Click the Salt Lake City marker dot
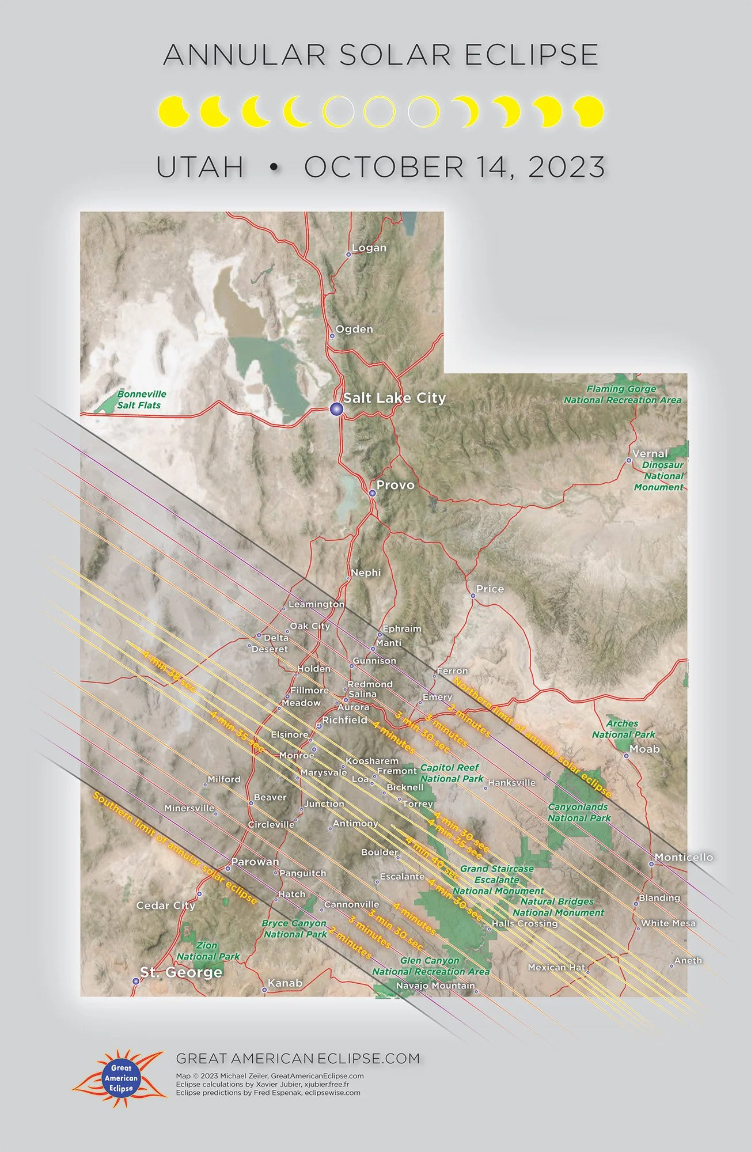(336, 409)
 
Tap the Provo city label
(395, 485)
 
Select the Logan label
(369, 248)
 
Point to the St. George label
(181, 972)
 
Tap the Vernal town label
(650, 453)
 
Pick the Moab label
(644, 749)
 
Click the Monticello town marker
(651, 864)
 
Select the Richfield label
(344, 720)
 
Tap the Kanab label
(285, 983)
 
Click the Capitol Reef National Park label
(450, 773)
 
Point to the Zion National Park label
(208, 951)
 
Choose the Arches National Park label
(623, 729)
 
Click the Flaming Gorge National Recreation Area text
(622, 395)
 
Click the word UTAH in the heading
(200, 167)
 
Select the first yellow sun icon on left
(173, 111)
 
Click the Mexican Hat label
(556, 967)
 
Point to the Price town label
(490, 589)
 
